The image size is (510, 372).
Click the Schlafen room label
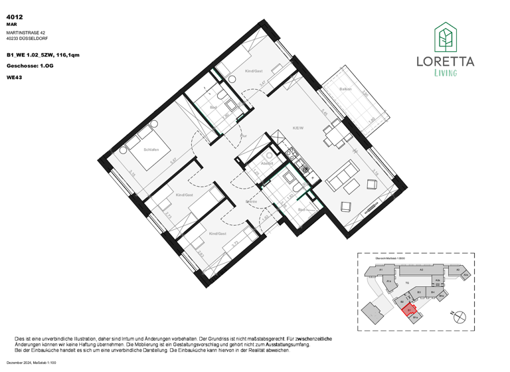point(152,149)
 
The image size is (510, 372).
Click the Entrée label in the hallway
point(251,201)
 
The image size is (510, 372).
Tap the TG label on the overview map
point(406,282)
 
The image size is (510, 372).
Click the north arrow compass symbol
point(457,318)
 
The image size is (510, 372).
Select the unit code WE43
point(13,77)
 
